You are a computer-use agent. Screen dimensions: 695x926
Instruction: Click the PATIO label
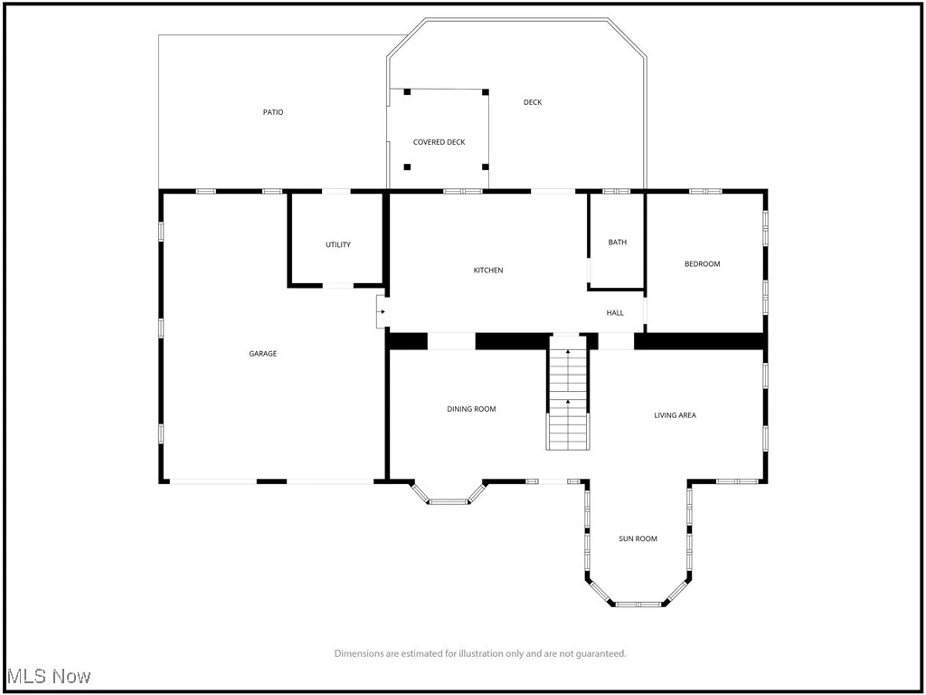tap(273, 112)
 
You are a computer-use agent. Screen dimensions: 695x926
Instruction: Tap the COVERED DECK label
tap(439, 142)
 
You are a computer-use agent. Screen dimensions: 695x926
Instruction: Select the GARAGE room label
tap(263, 354)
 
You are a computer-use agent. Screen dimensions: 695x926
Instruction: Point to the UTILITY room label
tap(338, 245)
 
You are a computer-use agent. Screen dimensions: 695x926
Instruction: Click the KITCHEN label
tap(488, 271)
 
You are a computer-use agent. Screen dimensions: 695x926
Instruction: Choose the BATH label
tap(617, 243)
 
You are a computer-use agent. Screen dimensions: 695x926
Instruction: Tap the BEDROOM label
tap(702, 264)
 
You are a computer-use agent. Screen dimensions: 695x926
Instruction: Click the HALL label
tap(615, 313)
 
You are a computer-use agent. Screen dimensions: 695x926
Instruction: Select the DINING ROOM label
tap(471, 409)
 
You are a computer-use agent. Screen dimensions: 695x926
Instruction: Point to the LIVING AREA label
tap(675, 415)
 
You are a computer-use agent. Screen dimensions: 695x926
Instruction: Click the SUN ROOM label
tap(638, 539)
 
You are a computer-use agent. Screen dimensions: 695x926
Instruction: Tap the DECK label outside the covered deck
tap(533, 102)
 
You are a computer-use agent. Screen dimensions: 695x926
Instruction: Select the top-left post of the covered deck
tap(407, 91)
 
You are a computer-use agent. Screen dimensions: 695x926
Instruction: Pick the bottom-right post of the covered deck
tap(486, 167)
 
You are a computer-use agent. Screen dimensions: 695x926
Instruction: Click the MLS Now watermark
tap(49, 677)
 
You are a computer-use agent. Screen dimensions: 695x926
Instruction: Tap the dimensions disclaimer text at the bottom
tap(480, 653)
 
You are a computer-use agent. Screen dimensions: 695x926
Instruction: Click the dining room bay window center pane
tap(448, 501)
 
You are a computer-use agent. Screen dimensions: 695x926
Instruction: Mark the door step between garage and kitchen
tap(382, 312)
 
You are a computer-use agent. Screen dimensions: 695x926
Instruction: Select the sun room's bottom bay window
tap(638, 604)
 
